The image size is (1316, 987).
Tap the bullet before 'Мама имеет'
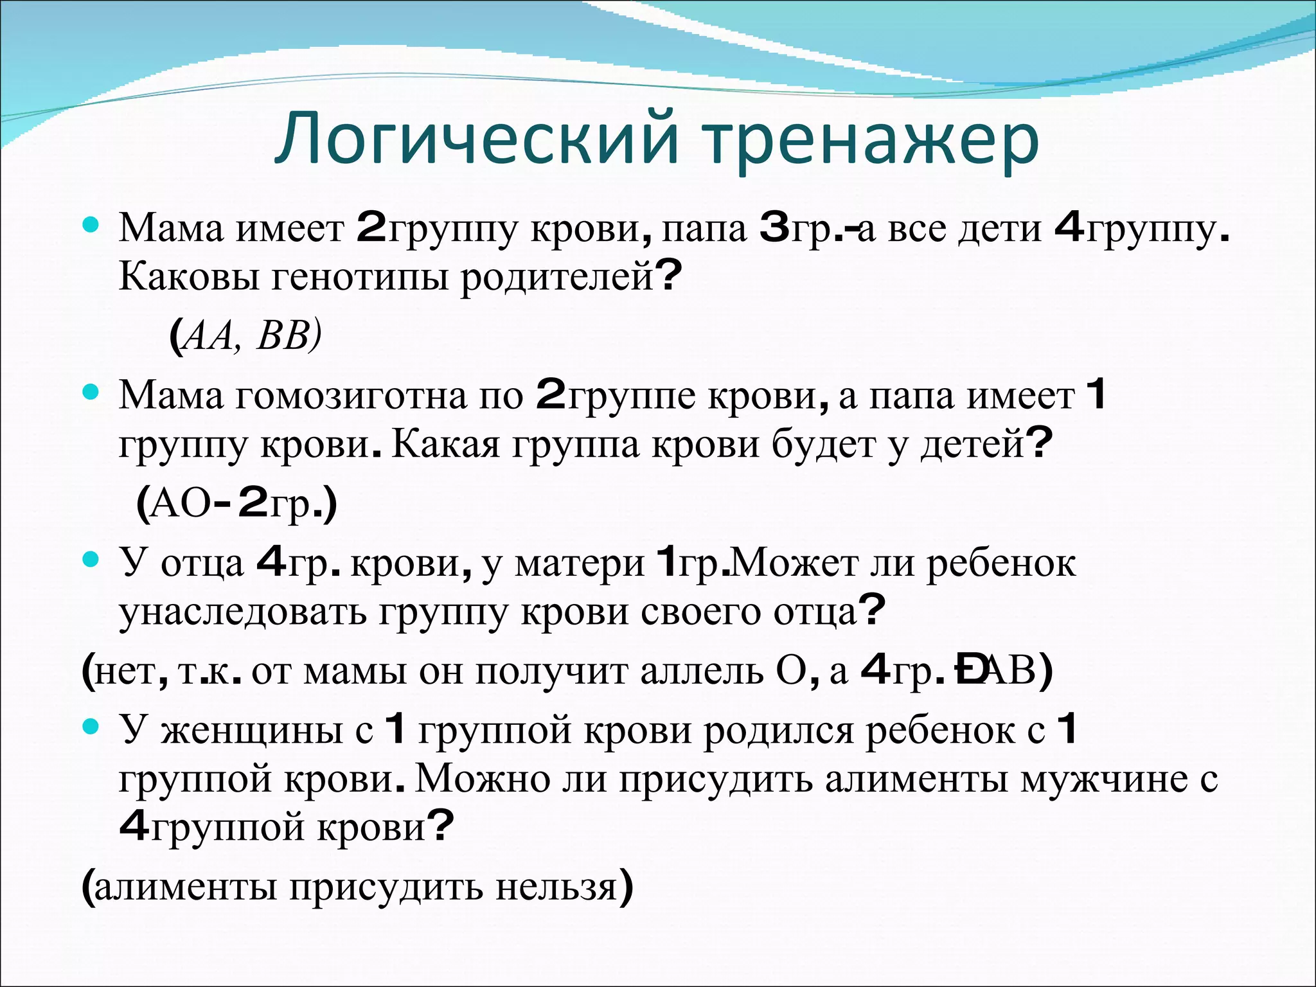[x=92, y=226]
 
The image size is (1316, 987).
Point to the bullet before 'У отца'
[x=92, y=560]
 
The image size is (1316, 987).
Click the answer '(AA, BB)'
[x=245, y=336]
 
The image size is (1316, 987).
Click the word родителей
[x=556, y=277]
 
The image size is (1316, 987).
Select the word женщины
[x=251, y=731]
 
